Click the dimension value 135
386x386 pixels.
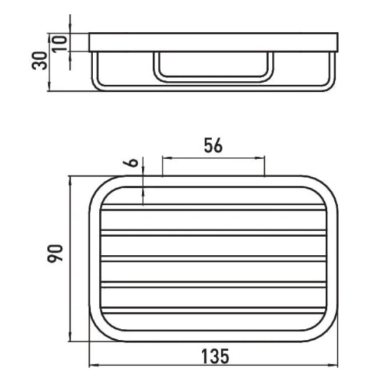215,356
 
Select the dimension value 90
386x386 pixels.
55,253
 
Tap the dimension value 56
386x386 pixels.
213,145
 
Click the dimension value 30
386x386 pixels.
39,60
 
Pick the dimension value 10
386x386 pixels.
59,43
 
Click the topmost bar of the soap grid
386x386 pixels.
213,207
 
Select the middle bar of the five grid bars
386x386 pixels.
213,259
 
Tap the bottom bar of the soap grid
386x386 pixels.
213,311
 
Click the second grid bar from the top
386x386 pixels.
213,233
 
